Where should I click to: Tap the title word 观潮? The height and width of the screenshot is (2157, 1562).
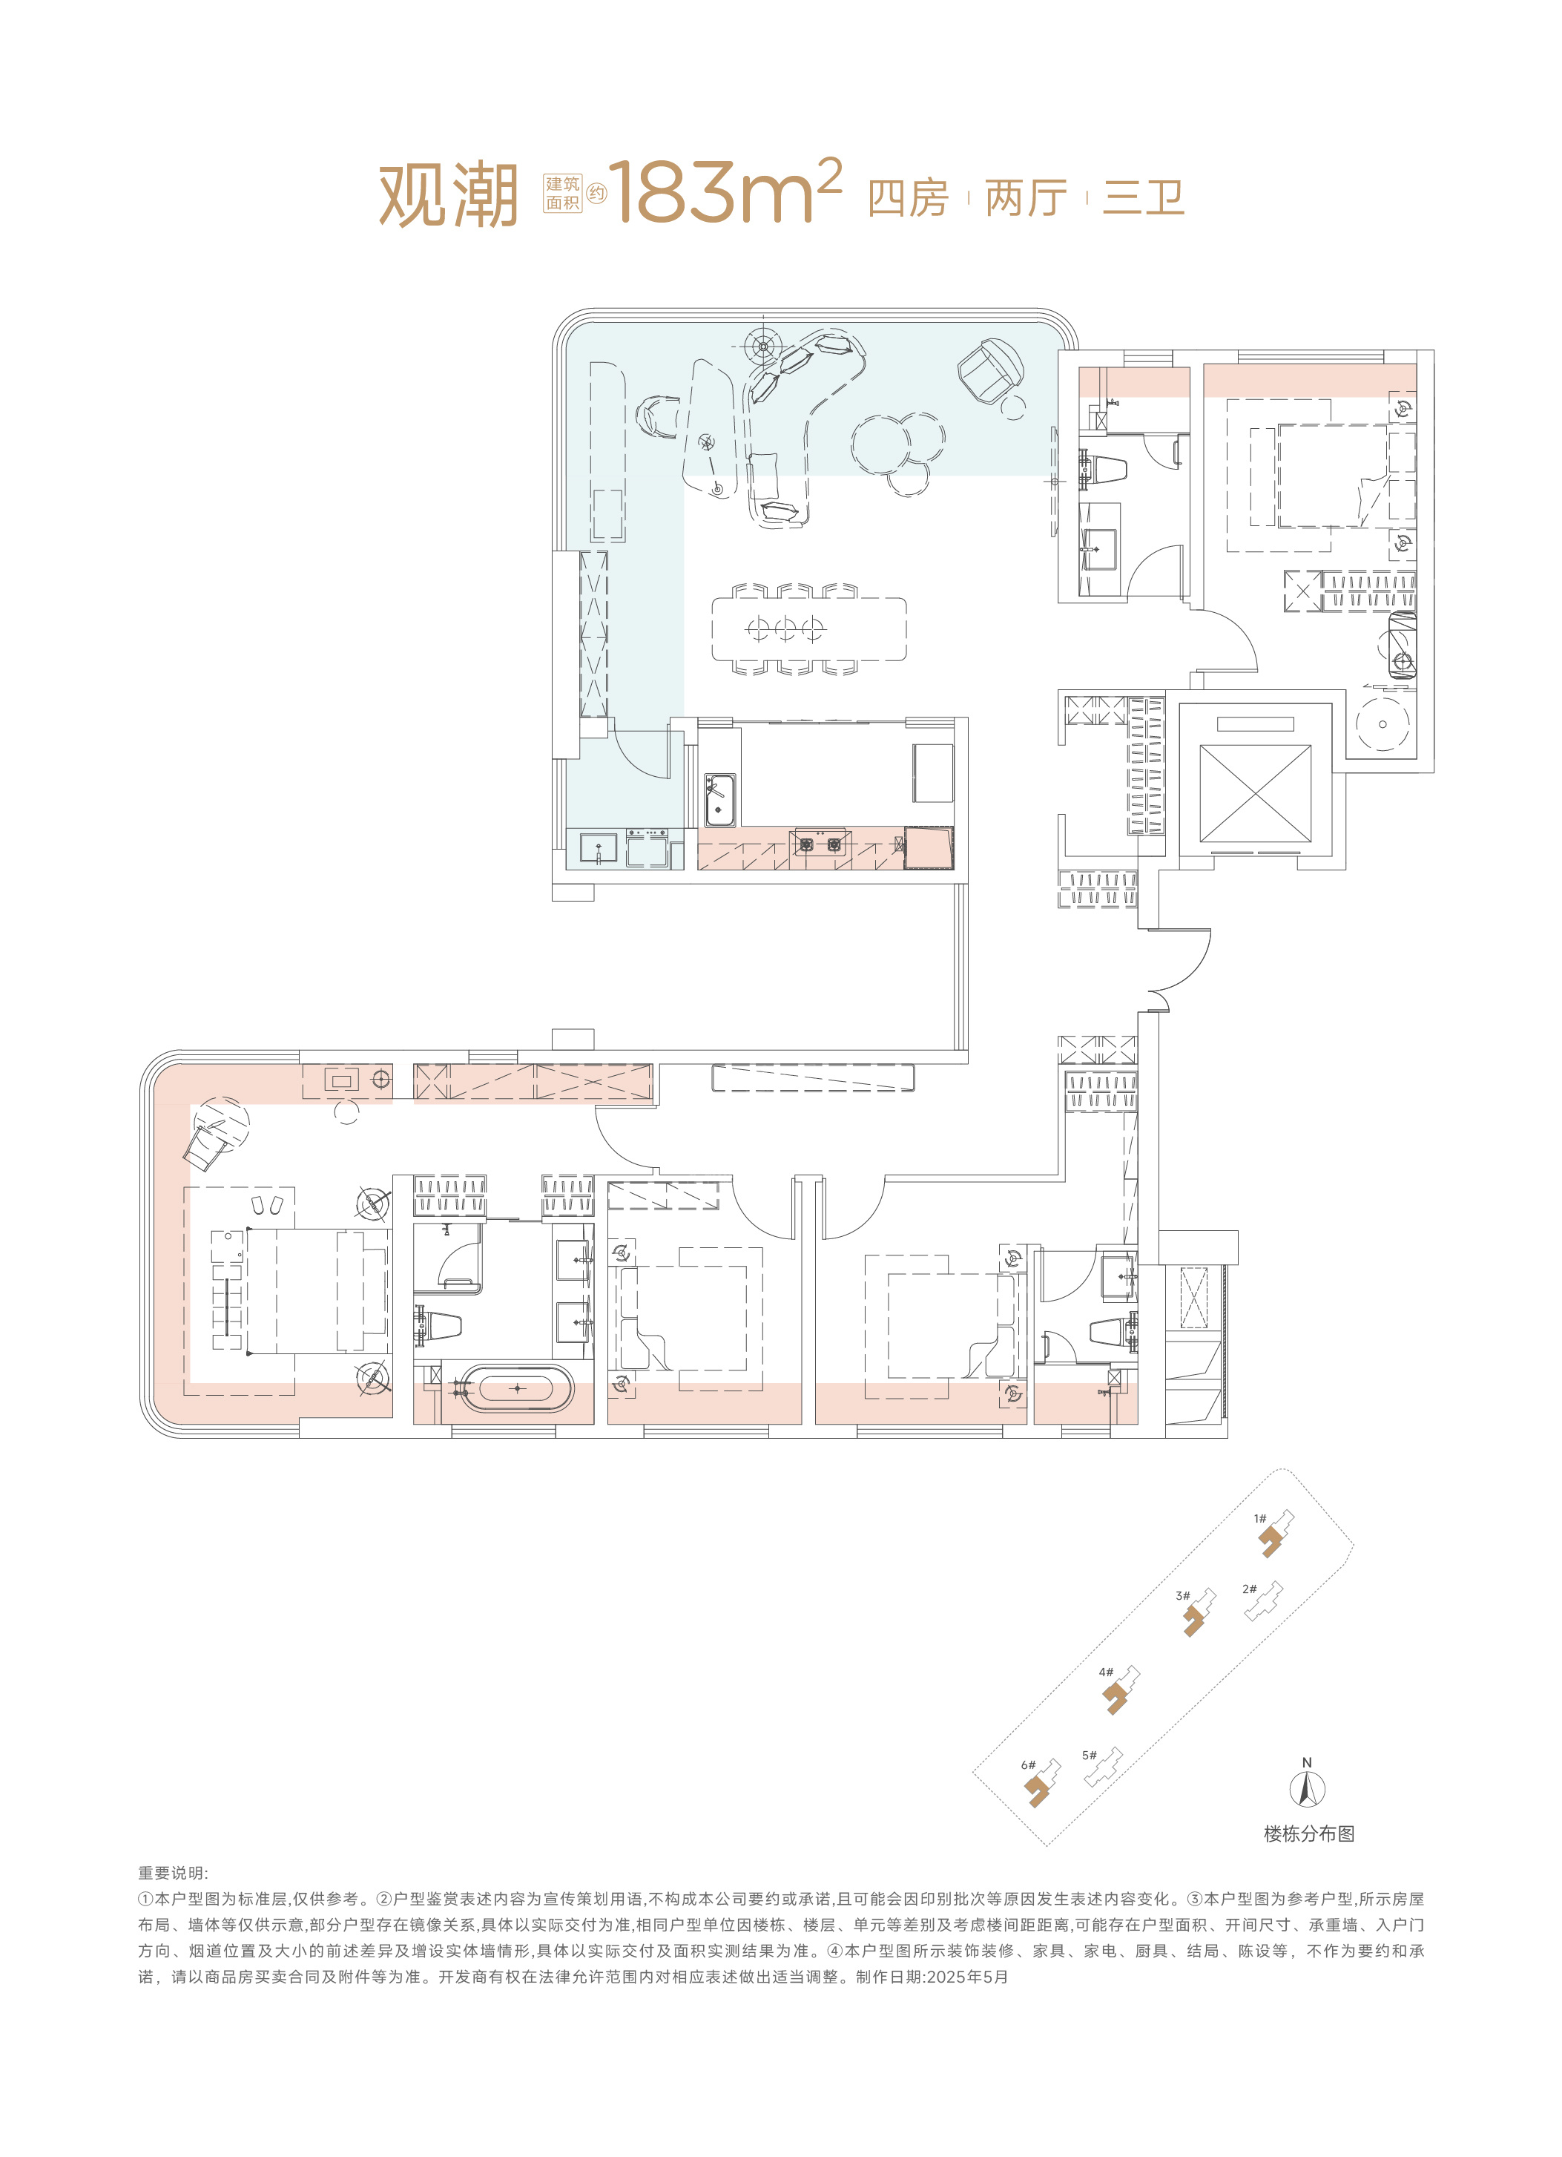(449, 195)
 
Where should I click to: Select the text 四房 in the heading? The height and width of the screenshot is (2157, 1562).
(908, 198)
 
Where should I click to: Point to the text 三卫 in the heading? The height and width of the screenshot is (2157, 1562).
(1143, 198)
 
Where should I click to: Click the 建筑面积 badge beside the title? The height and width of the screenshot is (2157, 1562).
(562, 193)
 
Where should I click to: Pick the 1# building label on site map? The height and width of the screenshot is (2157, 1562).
(1259, 1518)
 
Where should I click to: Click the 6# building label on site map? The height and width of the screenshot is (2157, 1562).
(1028, 1764)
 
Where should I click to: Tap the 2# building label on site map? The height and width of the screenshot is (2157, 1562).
(1249, 1589)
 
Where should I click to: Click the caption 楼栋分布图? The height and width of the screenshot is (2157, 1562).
(1309, 1833)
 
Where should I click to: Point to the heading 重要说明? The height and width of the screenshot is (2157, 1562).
(173, 1874)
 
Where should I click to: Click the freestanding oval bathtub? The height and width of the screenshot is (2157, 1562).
(516, 1390)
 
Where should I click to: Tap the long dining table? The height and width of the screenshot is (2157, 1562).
(809, 628)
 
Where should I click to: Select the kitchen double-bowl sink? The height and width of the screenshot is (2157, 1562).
(719, 800)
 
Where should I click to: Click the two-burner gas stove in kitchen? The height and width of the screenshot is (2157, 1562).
(820, 844)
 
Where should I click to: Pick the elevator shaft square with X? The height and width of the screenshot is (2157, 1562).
(1255, 793)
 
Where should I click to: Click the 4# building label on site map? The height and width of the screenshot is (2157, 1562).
(1106, 1671)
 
